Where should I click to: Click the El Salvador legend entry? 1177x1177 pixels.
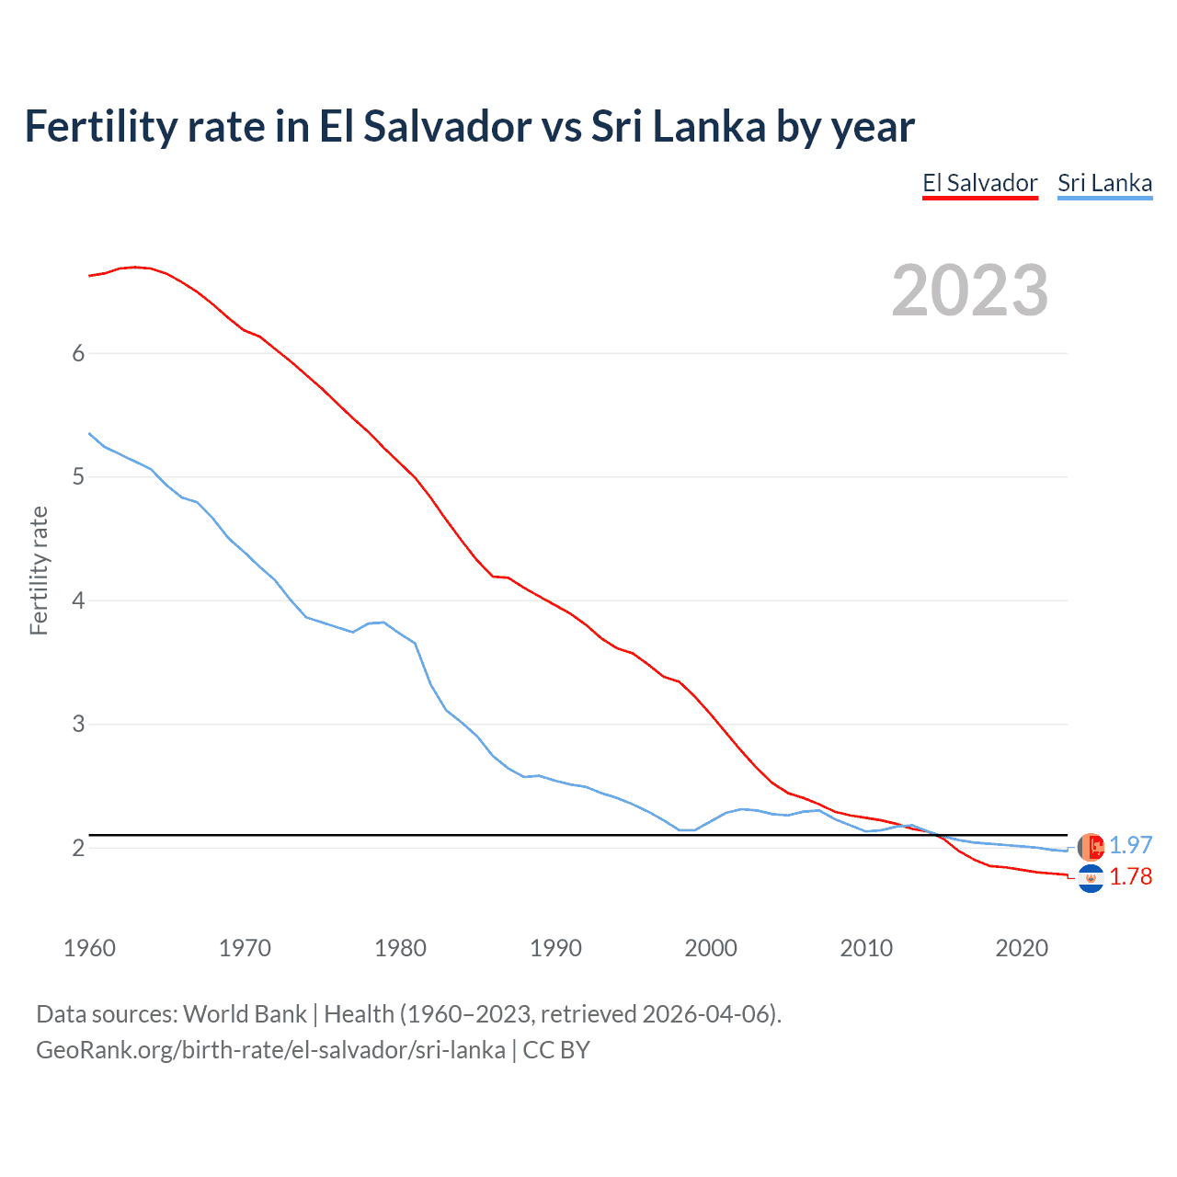tap(980, 183)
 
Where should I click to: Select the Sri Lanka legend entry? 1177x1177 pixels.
tap(1104, 183)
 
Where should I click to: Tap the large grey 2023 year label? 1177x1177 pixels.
tap(970, 291)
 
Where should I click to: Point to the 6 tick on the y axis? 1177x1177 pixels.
tap(78, 354)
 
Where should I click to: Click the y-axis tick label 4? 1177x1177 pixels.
tap(78, 601)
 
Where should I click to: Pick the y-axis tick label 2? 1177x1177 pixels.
tap(78, 848)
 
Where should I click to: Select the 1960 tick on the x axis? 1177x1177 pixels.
tap(89, 948)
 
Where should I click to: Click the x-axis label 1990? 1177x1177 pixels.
tap(555, 948)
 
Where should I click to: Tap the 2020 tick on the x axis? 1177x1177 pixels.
tap(1022, 948)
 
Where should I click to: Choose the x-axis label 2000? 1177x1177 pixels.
tap(711, 948)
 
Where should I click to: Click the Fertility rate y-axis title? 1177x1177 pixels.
tap(39, 570)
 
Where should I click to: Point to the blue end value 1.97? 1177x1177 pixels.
tap(1130, 846)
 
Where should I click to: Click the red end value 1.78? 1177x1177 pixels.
tap(1130, 877)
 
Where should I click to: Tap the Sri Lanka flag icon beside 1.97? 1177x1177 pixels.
tap(1091, 847)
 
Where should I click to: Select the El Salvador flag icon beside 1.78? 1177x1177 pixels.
tap(1091, 879)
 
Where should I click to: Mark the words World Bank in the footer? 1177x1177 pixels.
tap(245, 1014)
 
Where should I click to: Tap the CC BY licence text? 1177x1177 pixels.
tap(556, 1050)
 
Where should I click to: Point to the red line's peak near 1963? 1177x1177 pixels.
tap(135, 267)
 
